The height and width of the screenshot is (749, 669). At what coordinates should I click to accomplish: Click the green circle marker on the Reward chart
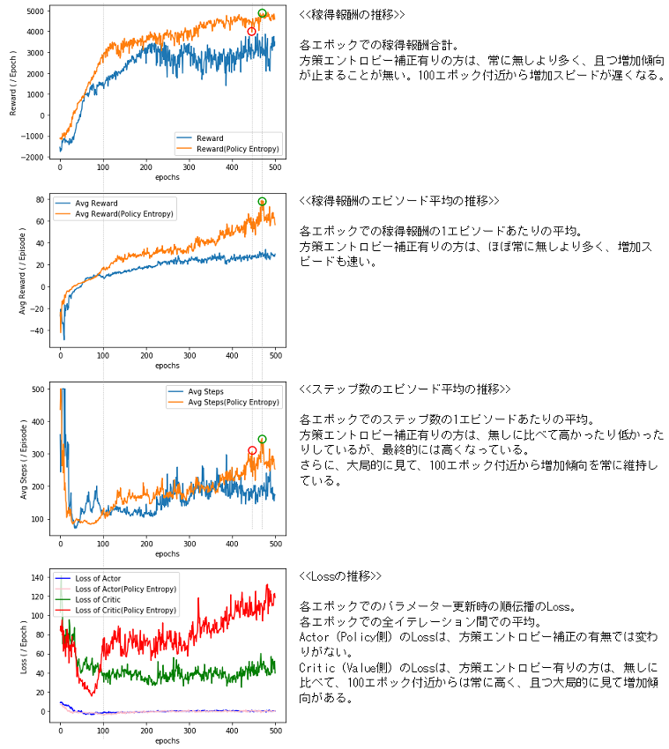click(262, 13)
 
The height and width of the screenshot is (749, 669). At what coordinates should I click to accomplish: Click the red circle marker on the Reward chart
click(251, 32)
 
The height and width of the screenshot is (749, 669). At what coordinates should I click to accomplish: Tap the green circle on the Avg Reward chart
click(262, 202)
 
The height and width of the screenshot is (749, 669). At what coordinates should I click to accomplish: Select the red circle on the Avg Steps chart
click(252, 450)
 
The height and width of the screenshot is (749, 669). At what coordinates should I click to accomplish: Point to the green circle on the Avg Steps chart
click(262, 439)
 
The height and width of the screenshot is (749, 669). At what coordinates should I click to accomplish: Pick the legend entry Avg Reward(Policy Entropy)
click(124, 213)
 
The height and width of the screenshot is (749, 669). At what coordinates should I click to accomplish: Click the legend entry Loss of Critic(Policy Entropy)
click(125, 610)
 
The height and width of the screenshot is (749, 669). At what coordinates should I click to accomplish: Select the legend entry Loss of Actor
click(99, 578)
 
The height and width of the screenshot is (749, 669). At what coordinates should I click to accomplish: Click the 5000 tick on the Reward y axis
click(35, 11)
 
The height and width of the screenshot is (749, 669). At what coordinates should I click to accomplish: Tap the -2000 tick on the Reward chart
click(33, 157)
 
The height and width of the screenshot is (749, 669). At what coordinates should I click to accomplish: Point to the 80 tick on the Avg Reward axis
click(40, 200)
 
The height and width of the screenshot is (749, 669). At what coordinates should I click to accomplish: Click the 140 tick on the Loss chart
click(37, 577)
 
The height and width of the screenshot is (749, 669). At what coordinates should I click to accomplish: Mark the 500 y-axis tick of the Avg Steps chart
click(37, 389)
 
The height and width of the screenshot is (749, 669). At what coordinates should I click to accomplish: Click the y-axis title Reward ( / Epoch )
click(13, 83)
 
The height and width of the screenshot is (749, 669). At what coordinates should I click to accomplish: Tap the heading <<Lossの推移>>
click(339, 575)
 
